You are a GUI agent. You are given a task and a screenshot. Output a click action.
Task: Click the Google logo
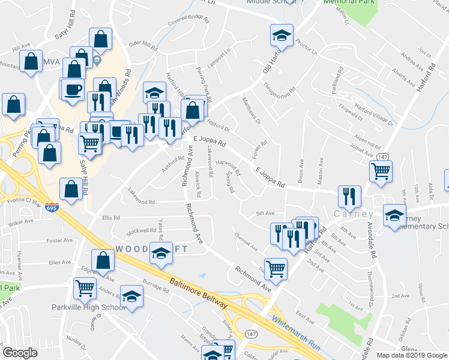point(20,353)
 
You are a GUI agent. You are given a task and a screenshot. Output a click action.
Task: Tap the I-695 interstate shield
point(51,207)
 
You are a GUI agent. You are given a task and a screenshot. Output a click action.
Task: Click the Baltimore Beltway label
point(199,294)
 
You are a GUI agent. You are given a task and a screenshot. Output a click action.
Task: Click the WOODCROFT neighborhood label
point(143,248)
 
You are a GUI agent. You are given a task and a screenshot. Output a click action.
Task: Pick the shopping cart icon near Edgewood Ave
point(85,288)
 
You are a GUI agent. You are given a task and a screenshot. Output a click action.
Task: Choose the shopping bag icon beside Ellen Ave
point(103,259)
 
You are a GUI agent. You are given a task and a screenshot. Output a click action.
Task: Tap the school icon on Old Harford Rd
point(281,35)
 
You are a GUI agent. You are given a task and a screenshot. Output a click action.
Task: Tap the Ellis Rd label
point(111,217)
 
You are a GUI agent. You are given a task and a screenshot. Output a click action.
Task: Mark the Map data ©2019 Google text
point(411,355)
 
